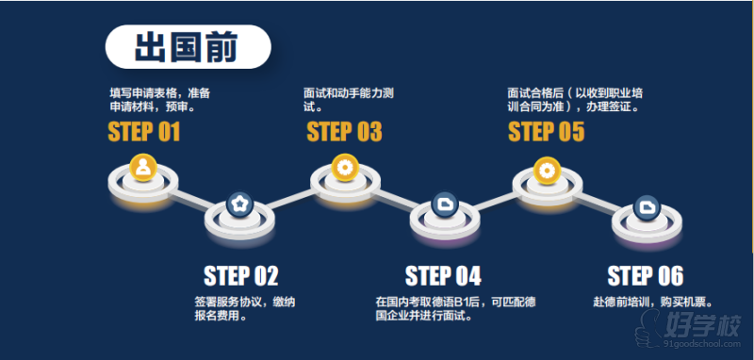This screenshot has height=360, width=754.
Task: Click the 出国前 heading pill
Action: click(x=188, y=46)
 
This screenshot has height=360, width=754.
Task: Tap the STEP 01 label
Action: click(x=144, y=132)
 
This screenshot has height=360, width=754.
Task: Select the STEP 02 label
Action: click(x=241, y=276)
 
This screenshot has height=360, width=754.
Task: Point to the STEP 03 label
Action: click(x=344, y=132)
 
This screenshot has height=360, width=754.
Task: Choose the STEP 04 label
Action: click(x=443, y=276)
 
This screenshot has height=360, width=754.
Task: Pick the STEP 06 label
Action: click(x=646, y=276)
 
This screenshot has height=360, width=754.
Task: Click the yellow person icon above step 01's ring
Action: click(x=143, y=167)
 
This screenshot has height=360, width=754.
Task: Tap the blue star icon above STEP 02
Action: click(x=239, y=205)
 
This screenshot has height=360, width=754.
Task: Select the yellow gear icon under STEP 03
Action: click(x=345, y=167)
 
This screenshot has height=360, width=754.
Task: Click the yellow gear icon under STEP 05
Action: click(x=548, y=171)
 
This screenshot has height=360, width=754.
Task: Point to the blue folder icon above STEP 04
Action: click(x=445, y=205)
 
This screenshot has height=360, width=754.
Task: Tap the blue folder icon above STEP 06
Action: click(x=647, y=207)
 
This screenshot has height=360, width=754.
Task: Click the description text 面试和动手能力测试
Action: click(x=349, y=99)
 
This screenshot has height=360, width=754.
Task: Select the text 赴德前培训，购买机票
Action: click(x=653, y=303)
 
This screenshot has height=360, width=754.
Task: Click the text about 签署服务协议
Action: click(x=245, y=309)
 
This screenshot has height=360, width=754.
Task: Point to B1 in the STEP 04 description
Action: click(x=462, y=303)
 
